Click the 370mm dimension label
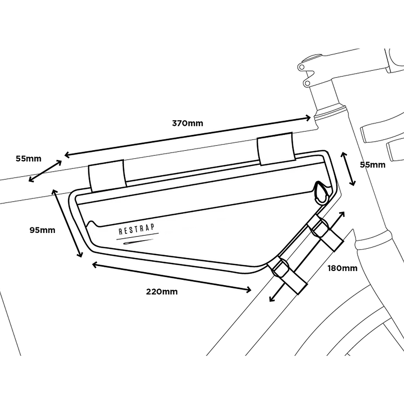pyautogui.click(x=188, y=123)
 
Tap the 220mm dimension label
pyautogui.click(x=162, y=292)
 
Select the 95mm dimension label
pyautogui.click(x=42, y=230)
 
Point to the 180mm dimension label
pyautogui.click(x=343, y=268)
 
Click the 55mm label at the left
pyautogui.click(x=29, y=158)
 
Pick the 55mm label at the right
pyautogui.click(x=373, y=165)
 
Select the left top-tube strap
pyautogui.click(x=107, y=178)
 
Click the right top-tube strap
pyautogui.click(x=275, y=151)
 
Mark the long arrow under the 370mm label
pyautogui.click(x=188, y=136)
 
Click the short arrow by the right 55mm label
pyautogui.click(x=348, y=169)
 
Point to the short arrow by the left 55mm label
pyautogui.click(x=45, y=171)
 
